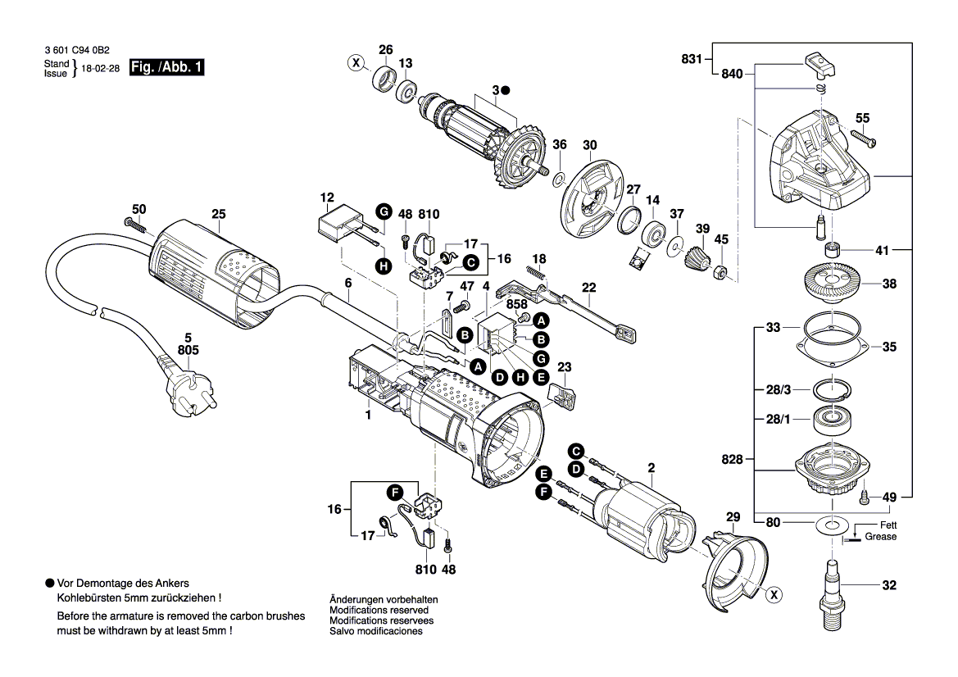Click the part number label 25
point(218,215)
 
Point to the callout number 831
point(692,59)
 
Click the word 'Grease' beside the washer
point(881,537)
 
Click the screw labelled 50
point(133,223)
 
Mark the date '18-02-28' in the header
point(101,70)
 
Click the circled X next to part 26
point(355,62)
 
